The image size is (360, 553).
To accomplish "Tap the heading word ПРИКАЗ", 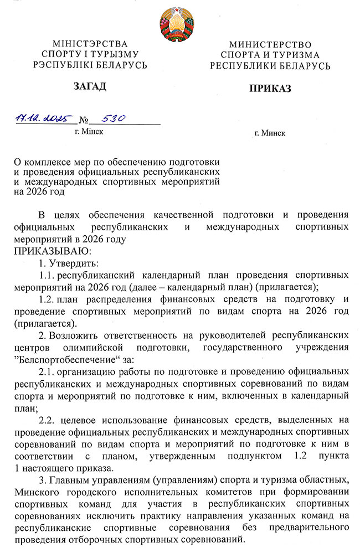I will click(270, 89).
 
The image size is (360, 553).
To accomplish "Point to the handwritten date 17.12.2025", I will click(40, 118).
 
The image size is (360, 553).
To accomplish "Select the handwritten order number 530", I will click(112, 118).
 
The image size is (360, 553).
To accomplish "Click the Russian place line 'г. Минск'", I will click(270, 133).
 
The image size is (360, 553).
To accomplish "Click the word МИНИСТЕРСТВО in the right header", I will click(270, 44).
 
